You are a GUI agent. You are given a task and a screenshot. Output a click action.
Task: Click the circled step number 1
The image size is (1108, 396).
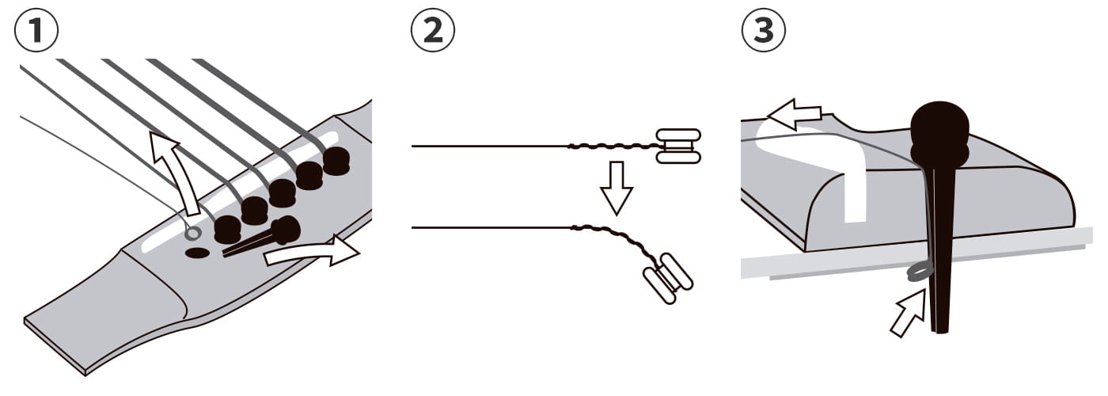(36, 30)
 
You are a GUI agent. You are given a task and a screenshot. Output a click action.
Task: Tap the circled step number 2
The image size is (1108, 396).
(433, 30)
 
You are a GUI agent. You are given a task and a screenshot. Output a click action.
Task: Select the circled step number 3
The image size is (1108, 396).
(764, 30)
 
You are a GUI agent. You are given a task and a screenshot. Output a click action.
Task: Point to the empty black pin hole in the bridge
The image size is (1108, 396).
(197, 253)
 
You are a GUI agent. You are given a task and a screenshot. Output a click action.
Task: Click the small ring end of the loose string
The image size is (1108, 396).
(193, 233)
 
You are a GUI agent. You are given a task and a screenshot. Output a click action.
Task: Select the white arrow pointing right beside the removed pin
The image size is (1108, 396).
(312, 252)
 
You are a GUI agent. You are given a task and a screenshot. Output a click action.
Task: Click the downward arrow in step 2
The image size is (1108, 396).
(617, 188)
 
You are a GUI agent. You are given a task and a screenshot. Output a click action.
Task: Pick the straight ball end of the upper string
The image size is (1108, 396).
(679, 146)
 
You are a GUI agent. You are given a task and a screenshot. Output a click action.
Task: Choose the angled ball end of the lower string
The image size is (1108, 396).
(668, 278)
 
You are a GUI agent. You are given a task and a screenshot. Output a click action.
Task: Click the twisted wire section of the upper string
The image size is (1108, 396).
(613, 146)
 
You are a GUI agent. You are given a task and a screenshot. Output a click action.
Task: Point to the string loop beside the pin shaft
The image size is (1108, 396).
(920, 272)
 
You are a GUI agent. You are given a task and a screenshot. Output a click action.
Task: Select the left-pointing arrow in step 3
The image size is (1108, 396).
(794, 114)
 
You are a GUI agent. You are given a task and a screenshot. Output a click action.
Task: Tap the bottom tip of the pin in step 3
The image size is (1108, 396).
(940, 332)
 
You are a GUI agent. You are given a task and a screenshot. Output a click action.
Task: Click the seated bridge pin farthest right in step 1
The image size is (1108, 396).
(336, 161)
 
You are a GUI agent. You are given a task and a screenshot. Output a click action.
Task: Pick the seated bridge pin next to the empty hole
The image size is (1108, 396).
(228, 230)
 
